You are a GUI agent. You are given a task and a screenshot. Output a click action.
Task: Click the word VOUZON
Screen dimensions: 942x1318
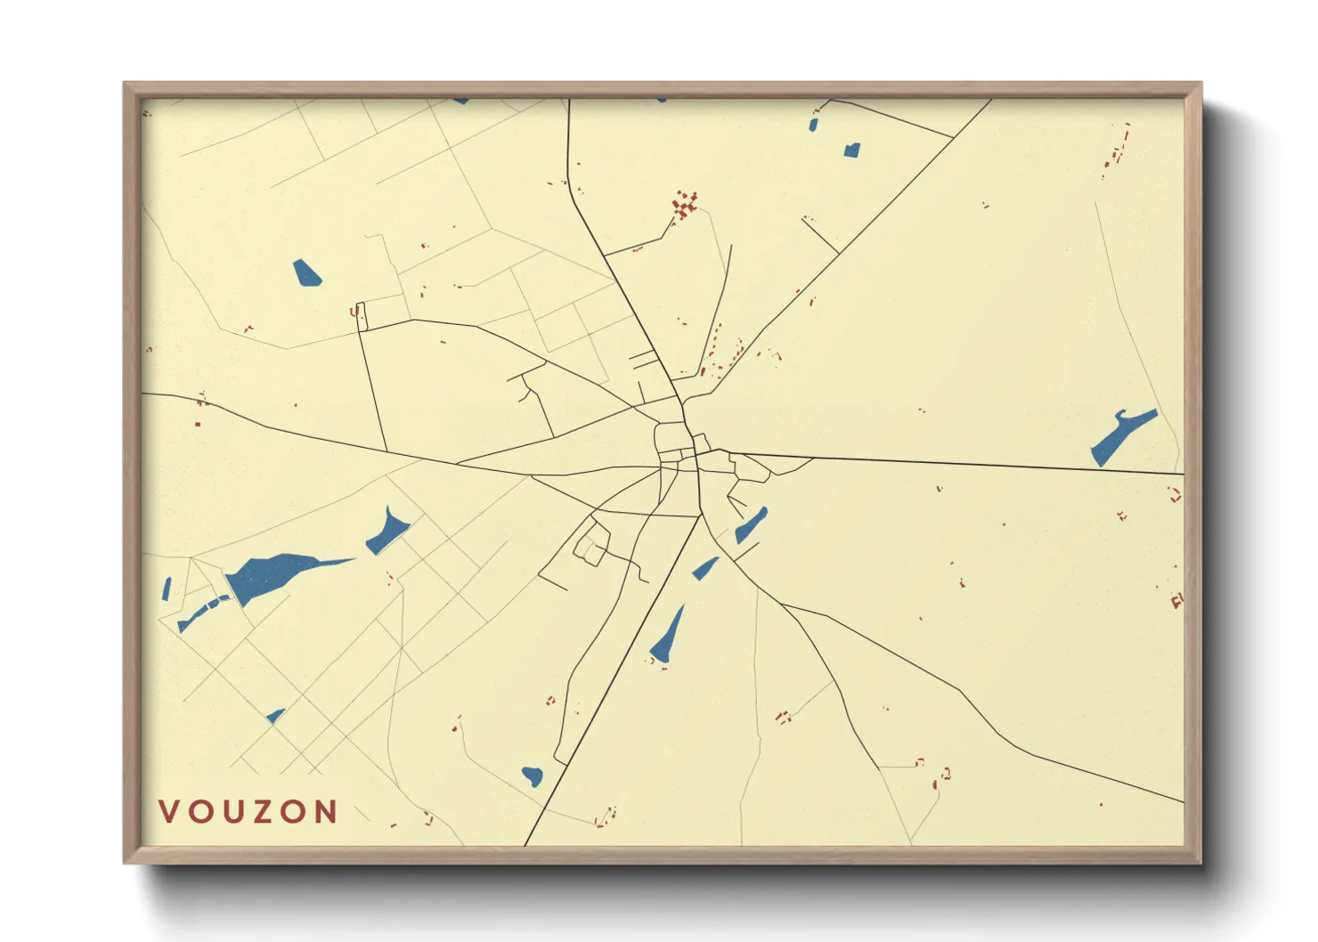pos(248,811)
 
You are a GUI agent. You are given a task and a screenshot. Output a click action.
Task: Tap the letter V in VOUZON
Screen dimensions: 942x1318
pos(169,811)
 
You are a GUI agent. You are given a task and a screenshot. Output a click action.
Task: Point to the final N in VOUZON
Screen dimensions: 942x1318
pos(327,811)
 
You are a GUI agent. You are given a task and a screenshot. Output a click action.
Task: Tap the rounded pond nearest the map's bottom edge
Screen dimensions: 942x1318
pos(533,776)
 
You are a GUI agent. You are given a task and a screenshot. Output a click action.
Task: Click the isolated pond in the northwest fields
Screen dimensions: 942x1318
pos(306,272)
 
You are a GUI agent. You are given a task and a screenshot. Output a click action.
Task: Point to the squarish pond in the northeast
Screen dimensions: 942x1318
pos(852,150)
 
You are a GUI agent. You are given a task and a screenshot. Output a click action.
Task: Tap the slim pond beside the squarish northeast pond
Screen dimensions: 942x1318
pos(813,125)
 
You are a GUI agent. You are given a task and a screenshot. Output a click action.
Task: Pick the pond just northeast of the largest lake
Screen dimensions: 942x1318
pos(388,532)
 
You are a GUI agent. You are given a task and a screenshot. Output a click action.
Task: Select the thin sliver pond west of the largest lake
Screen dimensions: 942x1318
pos(167,589)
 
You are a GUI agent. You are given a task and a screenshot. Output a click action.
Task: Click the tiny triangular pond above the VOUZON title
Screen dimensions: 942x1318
pos(276,715)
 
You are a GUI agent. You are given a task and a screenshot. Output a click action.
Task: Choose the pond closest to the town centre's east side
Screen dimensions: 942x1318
pos(751,526)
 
